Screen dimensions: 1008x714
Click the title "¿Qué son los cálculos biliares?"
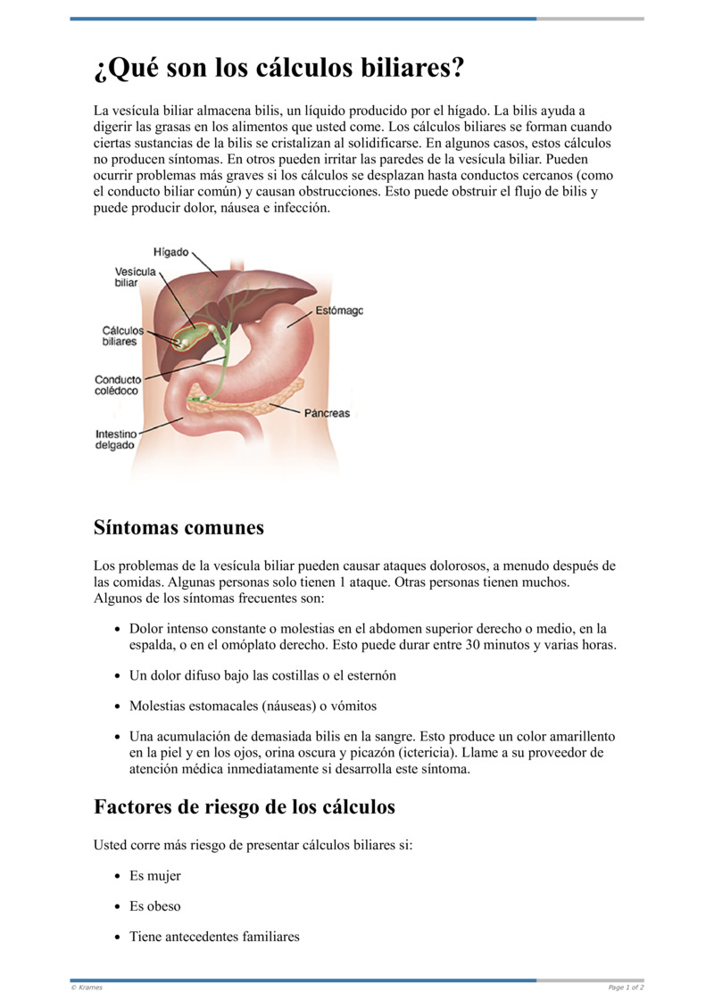point(279,68)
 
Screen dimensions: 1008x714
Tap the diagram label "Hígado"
point(171,252)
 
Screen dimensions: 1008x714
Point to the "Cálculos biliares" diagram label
point(122,335)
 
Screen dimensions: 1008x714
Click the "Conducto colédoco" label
point(118,385)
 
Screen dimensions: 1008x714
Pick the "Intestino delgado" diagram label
point(116,440)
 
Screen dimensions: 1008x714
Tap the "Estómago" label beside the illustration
point(339,311)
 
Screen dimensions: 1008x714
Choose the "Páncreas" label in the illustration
point(327,414)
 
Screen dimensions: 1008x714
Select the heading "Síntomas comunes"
point(178,527)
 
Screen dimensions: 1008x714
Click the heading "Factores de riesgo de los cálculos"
point(244,807)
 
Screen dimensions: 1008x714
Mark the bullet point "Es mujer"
point(155,876)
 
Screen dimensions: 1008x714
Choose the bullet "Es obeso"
point(155,906)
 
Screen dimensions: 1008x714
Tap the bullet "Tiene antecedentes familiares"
point(214,937)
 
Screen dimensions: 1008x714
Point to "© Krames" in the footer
point(86,987)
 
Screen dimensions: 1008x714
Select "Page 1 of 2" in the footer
point(626,987)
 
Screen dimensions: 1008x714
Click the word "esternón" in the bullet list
point(370,675)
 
